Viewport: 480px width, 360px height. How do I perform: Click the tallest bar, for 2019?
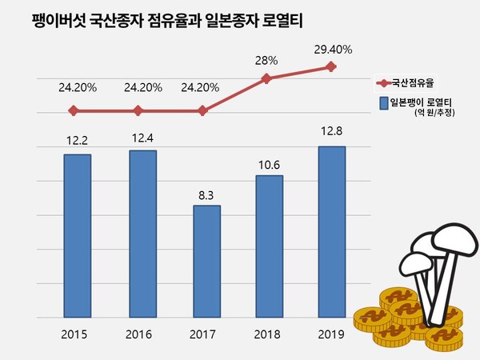click(331, 232)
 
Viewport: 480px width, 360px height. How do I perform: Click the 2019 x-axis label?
click(331, 334)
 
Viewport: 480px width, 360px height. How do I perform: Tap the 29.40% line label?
click(331, 50)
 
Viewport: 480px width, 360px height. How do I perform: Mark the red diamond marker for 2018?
click(267, 78)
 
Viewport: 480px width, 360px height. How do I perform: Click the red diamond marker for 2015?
click(74, 110)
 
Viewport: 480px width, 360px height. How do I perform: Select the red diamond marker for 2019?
click(331, 67)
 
